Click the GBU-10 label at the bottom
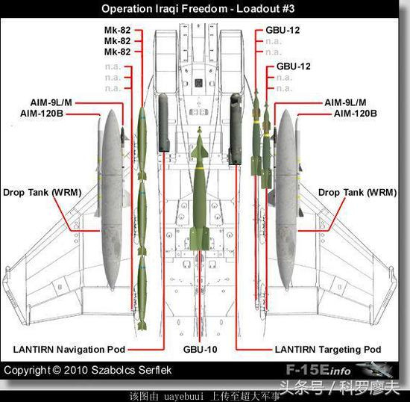point(200,350)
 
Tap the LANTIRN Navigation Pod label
point(69,350)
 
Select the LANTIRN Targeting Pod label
point(328,350)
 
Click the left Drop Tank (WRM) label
point(42,193)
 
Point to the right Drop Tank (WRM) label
point(357,193)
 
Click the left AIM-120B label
point(42,114)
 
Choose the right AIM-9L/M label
point(345,102)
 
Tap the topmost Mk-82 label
point(117,30)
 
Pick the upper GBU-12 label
point(283,30)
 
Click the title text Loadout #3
point(265,9)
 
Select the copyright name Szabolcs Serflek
point(131,370)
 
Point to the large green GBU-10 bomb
point(200,189)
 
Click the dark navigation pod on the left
point(163,123)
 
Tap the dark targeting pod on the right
point(236,129)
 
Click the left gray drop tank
point(112,200)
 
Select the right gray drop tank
point(286,200)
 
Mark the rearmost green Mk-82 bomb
point(142,293)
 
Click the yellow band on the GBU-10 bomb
point(200,168)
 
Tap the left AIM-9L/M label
point(51,102)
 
